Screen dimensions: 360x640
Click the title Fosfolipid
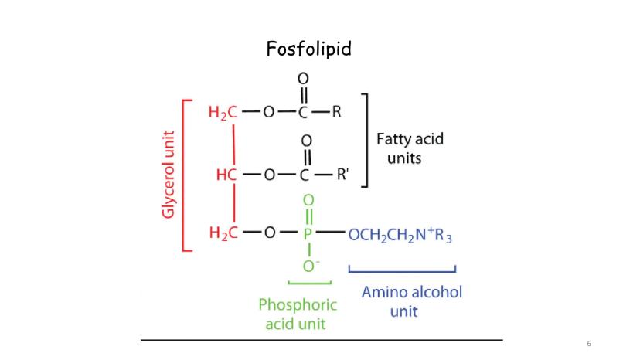308,49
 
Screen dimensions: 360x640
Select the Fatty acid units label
410,148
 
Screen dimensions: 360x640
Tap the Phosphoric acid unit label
298,314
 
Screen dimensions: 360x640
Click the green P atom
307,234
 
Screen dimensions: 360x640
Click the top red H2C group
223,112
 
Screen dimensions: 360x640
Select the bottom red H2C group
223,234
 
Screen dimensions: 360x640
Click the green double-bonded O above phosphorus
307,201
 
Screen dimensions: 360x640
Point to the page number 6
590,343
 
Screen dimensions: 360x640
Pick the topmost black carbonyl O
303,78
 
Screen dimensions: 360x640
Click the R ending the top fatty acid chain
336,112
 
